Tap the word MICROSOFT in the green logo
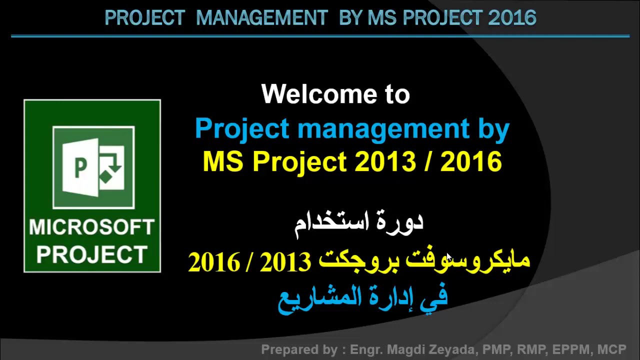(91, 227)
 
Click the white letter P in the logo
(79, 168)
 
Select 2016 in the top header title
(511, 18)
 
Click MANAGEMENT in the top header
(261, 18)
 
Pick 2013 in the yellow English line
(385, 162)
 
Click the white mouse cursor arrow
(448, 257)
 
